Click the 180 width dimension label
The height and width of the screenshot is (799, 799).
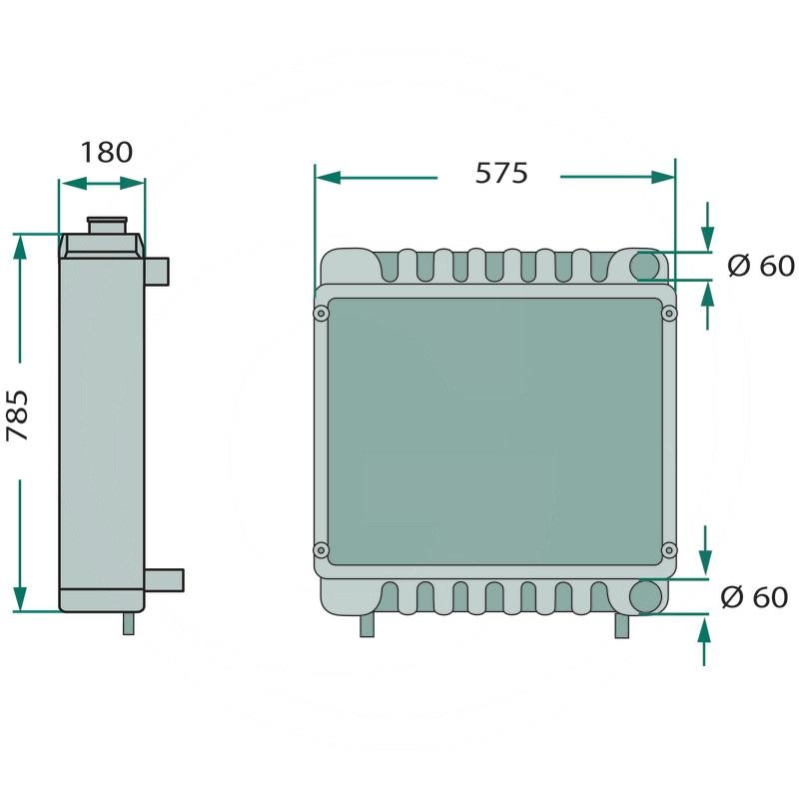[x=106, y=152]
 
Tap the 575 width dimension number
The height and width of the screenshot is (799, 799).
[x=500, y=173]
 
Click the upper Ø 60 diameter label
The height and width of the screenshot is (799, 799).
[x=760, y=266]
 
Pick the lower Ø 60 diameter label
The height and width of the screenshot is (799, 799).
[x=754, y=597]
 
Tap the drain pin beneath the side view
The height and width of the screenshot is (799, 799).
[x=128, y=622]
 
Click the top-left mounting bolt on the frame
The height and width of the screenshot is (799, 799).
[x=321, y=314]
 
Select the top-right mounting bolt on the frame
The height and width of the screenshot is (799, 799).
[x=668, y=314]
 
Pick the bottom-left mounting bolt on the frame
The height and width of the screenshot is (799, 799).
[x=321, y=550]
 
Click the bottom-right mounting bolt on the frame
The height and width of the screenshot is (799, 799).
[x=668, y=550]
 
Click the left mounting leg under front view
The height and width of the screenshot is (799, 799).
[x=367, y=624]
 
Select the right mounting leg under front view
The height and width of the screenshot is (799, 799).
[x=622, y=625]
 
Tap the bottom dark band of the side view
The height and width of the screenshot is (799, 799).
[x=102, y=599]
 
